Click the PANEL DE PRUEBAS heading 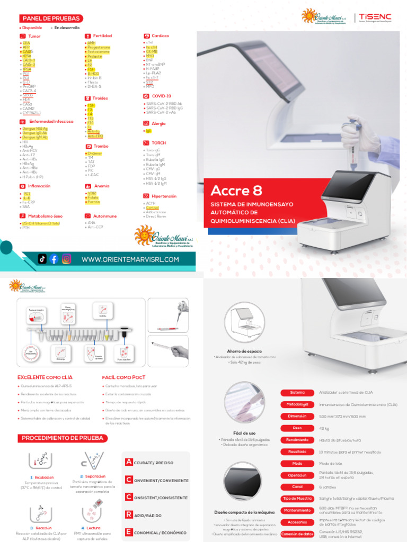click(51, 18)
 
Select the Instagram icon click(67, 259)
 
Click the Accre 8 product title click(236, 191)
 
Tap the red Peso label click(297, 428)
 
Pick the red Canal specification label click(297, 486)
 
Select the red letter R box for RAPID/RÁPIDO click(128, 514)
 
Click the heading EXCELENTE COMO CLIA click(45, 377)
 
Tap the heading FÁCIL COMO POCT click(122, 377)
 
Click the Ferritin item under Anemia click(93, 202)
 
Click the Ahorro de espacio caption click(244, 351)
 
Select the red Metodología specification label click(297, 404)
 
